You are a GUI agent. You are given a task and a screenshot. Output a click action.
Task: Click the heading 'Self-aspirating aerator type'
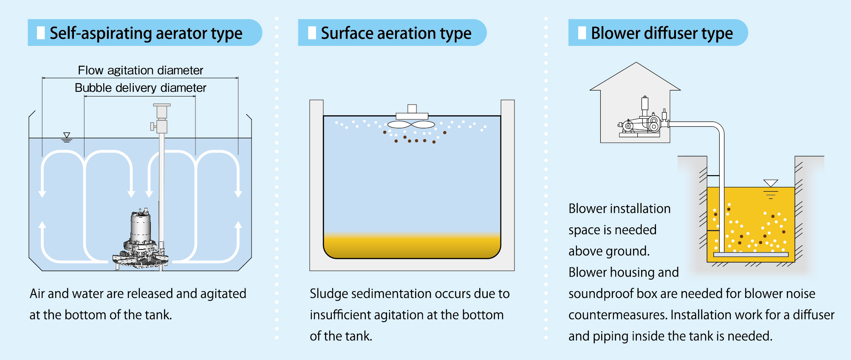(x=146, y=33)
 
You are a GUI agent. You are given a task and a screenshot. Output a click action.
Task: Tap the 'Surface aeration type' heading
(x=396, y=33)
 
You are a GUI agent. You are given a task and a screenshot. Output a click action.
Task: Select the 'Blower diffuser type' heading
(x=662, y=33)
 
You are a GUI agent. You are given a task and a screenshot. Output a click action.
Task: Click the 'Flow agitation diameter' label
(x=140, y=70)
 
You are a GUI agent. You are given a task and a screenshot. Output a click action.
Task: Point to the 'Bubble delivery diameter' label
(x=140, y=88)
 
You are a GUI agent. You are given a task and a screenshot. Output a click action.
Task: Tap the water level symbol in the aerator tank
(x=66, y=137)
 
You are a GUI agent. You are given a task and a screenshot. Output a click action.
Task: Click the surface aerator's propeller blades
(x=411, y=125)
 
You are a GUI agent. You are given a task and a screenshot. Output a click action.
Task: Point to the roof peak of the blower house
(x=636, y=63)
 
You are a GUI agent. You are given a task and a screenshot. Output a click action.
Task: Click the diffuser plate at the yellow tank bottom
(x=751, y=255)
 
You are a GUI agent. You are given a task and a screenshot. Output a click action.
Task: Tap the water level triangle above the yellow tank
(x=770, y=183)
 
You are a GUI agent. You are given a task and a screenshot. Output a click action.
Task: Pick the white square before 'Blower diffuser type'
(x=582, y=33)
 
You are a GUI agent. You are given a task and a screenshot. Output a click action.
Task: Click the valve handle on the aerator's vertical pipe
(x=153, y=126)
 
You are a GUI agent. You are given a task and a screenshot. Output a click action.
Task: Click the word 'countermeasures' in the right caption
(x=618, y=315)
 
